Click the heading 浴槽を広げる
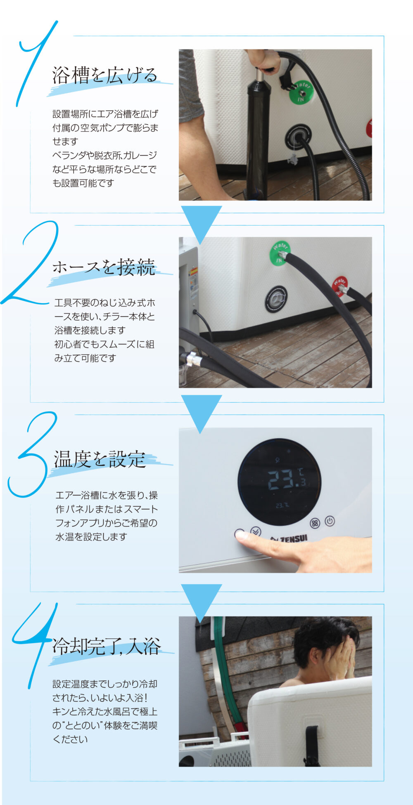105,75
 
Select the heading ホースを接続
104,267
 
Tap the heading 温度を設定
100,459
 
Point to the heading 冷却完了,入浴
106,646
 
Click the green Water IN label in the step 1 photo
301,92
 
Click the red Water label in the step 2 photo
339,286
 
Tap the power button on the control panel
330,521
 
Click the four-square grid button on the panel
315,523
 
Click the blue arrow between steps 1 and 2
201,223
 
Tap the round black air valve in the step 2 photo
276,299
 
